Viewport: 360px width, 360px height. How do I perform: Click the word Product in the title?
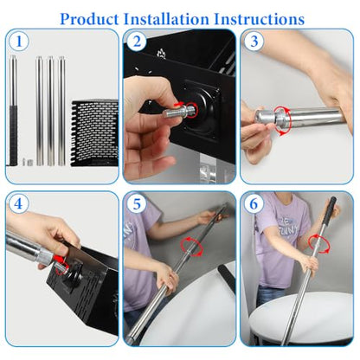[89, 19]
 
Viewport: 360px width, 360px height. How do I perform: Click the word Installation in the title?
[166, 19]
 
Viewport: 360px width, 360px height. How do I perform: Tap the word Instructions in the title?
[259, 19]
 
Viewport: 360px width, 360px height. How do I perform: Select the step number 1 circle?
[19, 42]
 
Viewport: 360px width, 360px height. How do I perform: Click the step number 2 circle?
[137, 42]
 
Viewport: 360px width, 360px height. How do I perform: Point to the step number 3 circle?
[254, 42]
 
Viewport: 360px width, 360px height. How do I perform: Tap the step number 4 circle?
[18, 203]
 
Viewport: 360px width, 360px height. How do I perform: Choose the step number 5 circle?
[137, 203]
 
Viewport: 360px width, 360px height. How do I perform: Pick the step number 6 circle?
[254, 203]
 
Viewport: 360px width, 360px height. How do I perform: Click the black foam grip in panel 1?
[13, 135]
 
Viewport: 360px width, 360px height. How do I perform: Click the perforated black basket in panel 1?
[95, 133]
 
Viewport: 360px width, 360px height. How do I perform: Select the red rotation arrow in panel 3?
[282, 120]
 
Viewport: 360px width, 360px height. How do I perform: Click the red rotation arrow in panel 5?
[192, 246]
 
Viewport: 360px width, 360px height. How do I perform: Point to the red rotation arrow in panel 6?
[318, 244]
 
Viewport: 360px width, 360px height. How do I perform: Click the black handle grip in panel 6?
[329, 211]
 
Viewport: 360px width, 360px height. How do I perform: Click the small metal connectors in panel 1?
[28, 162]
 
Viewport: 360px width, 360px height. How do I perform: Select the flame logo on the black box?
[161, 54]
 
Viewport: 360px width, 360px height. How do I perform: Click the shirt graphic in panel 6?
[287, 225]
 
